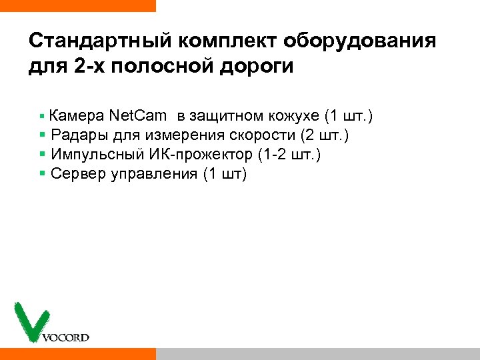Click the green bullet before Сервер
click(43, 173)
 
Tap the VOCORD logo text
click(65, 337)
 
